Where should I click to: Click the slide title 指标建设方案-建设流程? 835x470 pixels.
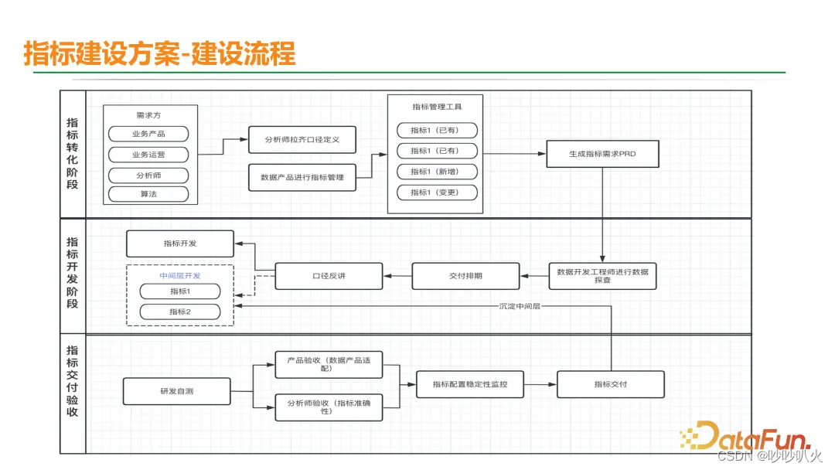coord(159,54)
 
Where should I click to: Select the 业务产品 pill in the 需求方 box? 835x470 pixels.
coord(148,134)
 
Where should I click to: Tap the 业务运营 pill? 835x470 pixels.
coord(148,154)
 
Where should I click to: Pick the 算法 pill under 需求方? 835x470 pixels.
coord(148,194)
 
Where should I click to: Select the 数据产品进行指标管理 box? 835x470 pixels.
coord(302,178)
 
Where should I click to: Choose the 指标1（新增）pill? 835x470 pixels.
coord(437,172)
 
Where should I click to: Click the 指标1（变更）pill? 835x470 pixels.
coord(437,192)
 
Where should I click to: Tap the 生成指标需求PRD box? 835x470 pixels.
coord(602,154)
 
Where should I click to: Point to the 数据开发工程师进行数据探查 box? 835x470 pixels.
coord(602,276)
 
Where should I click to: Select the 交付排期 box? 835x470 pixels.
coord(465,276)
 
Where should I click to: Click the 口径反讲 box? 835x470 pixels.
coord(329,276)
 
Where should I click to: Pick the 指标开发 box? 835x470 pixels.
coord(179,244)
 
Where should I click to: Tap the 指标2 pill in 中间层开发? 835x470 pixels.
coord(179,312)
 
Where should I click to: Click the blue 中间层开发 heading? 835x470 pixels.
coord(179,275)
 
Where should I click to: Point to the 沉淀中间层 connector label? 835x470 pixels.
coord(520,306)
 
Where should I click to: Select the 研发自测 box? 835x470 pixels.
coord(176,391)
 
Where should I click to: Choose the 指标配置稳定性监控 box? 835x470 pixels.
coord(470,384)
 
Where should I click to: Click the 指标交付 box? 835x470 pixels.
coord(610,384)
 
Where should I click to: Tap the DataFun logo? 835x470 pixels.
coord(747,436)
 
